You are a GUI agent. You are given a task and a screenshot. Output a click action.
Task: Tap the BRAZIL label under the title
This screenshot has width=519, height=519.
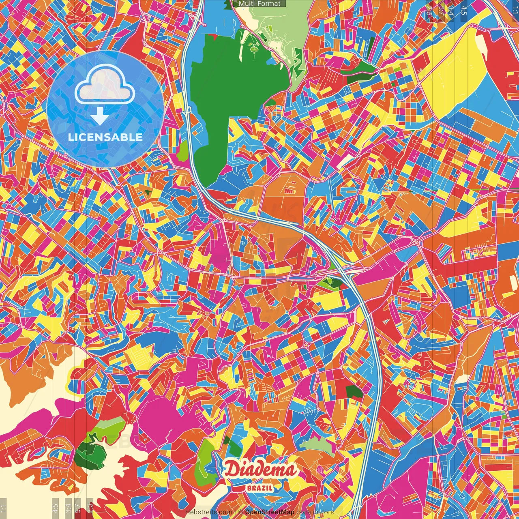click(260, 488)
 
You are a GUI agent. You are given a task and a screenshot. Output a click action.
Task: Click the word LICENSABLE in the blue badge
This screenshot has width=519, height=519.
click(105, 137)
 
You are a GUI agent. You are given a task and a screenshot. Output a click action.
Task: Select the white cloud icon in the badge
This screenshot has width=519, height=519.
click(105, 84)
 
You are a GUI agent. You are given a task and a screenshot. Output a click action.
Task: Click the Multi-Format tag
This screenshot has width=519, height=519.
click(259, 4)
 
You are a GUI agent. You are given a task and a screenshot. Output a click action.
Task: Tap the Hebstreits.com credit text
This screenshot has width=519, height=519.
click(208, 512)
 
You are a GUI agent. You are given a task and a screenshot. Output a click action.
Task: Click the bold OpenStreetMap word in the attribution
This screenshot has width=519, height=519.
click(270, 512)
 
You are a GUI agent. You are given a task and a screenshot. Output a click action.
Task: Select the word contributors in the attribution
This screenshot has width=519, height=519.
click(315, 512)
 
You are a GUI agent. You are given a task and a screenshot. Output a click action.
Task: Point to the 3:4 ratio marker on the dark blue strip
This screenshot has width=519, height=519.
click(450, 10)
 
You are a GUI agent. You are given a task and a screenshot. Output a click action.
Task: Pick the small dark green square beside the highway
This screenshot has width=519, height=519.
click(354, 392)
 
